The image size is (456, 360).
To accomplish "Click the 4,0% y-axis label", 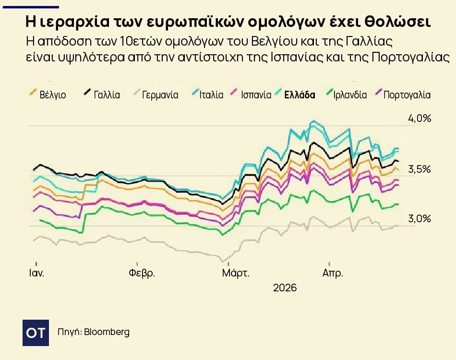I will (420, 119).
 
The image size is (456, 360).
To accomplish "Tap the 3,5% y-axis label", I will (420, 169).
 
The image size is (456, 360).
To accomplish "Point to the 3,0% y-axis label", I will (420, 219).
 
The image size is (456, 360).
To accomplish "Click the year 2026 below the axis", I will (285, 288).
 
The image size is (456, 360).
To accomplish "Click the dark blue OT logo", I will (36, 332).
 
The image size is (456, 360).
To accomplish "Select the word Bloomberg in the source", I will (107, 332).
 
